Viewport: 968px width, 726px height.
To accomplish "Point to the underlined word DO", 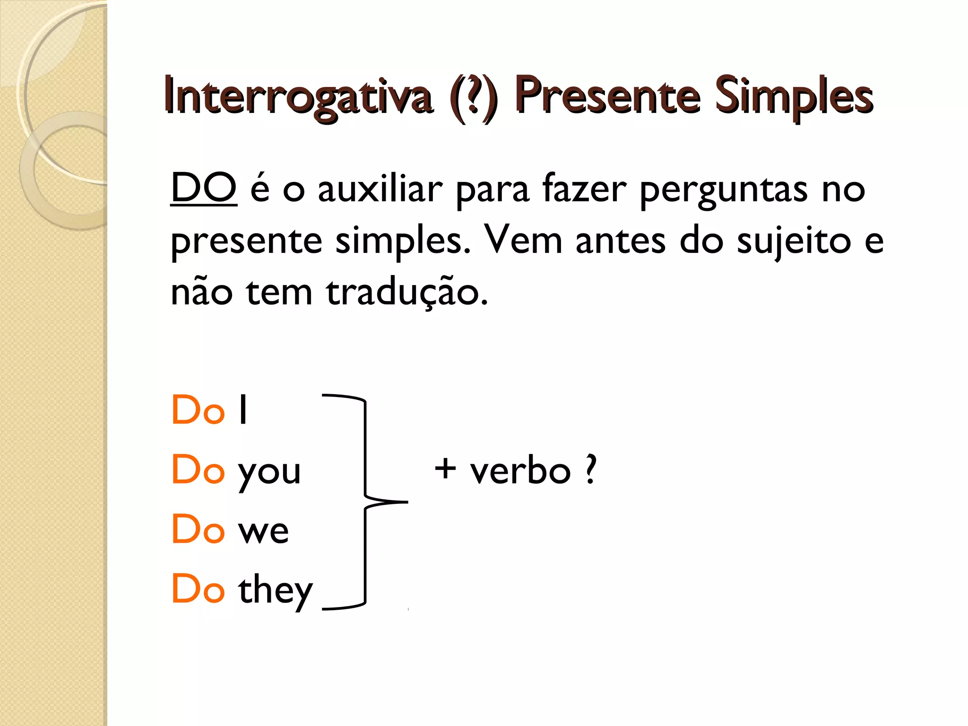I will coord(203,189).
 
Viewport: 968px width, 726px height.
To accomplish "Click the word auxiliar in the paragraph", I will coord(380,189).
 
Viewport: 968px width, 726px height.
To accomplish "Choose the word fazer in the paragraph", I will coord(584,189).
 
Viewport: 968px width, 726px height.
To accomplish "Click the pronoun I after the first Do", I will coord(243,410).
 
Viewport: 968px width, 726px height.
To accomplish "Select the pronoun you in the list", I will coord(269,472).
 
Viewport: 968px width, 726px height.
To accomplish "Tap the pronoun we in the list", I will coord(263,531).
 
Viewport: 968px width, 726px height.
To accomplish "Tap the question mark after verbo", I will coord(590,470).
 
